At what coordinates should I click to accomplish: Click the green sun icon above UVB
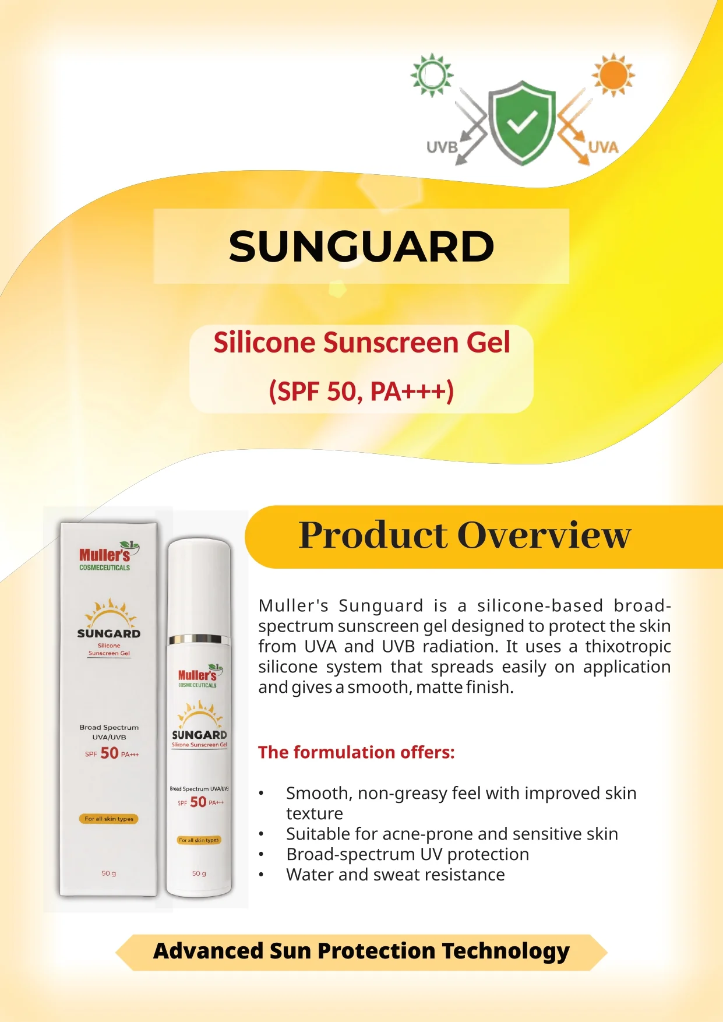[432, 75]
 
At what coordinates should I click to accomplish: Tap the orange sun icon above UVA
[613, 75]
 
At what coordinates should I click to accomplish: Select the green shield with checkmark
[522, 122]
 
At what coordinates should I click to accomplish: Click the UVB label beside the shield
[442, 147]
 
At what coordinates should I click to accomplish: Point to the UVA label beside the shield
[603, 147]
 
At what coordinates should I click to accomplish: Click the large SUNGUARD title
[361, 246]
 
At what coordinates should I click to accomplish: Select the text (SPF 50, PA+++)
[361, 391]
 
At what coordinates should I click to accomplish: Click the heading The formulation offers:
[356, 752]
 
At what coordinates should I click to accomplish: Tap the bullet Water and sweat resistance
[396, 875]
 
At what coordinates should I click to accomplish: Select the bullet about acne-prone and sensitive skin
[452, 834]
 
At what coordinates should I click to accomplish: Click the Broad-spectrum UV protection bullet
[408, 854]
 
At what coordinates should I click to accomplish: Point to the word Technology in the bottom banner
[506, 951]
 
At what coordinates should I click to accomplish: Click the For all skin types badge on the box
[109, 819]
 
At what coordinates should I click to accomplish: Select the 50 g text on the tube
[199, 873]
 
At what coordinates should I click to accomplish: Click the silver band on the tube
[199, 639]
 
